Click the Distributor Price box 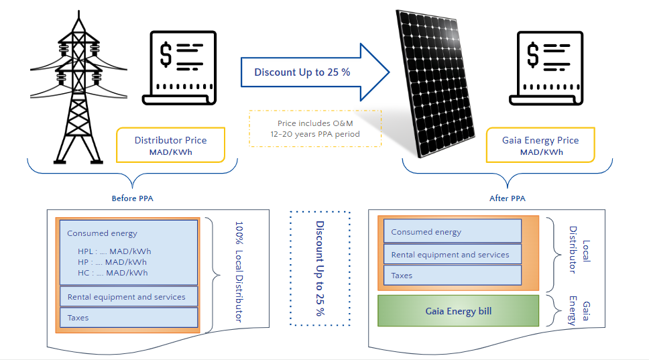point(170,145)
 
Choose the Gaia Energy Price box point(540,145)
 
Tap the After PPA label point(508,198)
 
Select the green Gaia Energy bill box point(459,311)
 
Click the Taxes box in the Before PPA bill point(127,318)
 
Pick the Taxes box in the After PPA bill point(453,276)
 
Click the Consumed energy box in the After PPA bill point(453,232)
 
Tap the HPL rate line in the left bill point(114,251)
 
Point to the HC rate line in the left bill point(113,272)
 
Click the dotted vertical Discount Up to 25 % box point(320,268)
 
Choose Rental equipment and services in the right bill point(453,255)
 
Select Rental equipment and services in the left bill point(127,296)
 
